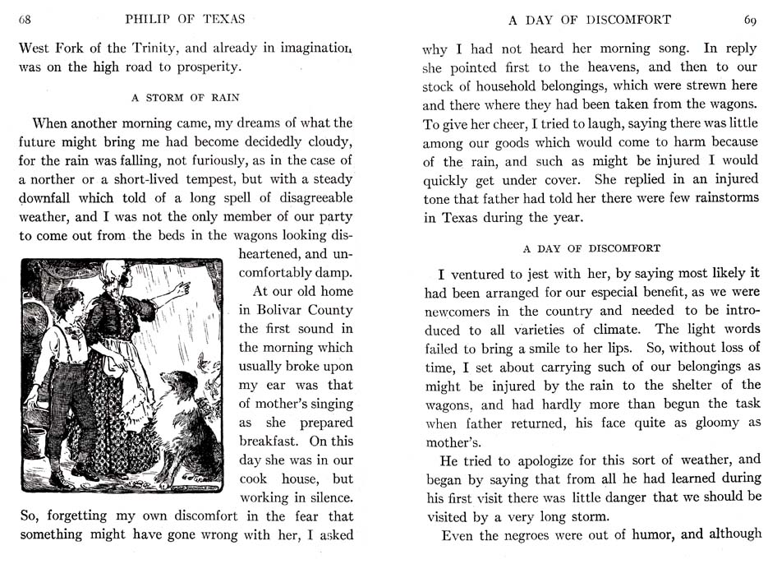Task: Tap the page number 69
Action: point(750,20)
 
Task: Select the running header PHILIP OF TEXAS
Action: point(185,20)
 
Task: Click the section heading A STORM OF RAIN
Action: point(186,97)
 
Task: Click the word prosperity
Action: point(205,67)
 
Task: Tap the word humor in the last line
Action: point(653,535)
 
